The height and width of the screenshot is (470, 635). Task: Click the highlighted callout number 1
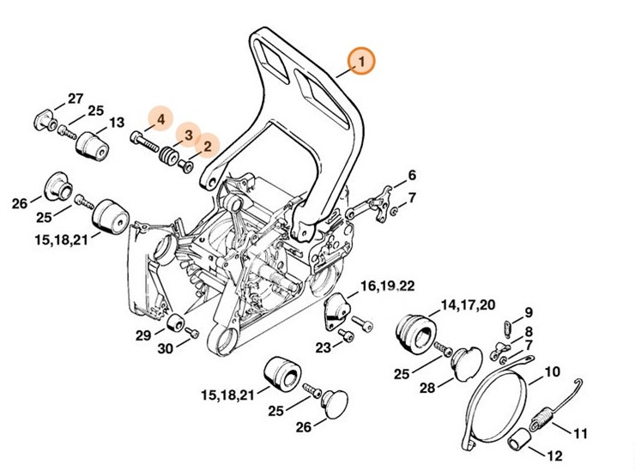[361, 61]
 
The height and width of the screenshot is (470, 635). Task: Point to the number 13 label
[117, 122]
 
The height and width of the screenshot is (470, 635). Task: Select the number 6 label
[412, 175]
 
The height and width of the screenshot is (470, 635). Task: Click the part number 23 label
[323, 347]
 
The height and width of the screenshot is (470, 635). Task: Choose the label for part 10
[553, 373]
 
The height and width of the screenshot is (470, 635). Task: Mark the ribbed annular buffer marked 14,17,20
[415, 333]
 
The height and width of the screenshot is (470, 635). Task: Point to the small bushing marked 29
[176, 326]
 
